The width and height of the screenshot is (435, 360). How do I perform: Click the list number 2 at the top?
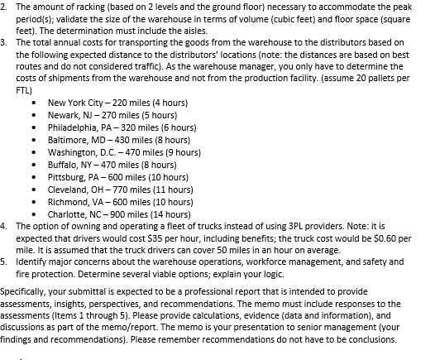click(3, 7)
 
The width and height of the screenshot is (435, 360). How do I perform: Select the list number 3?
click(3, 40)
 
